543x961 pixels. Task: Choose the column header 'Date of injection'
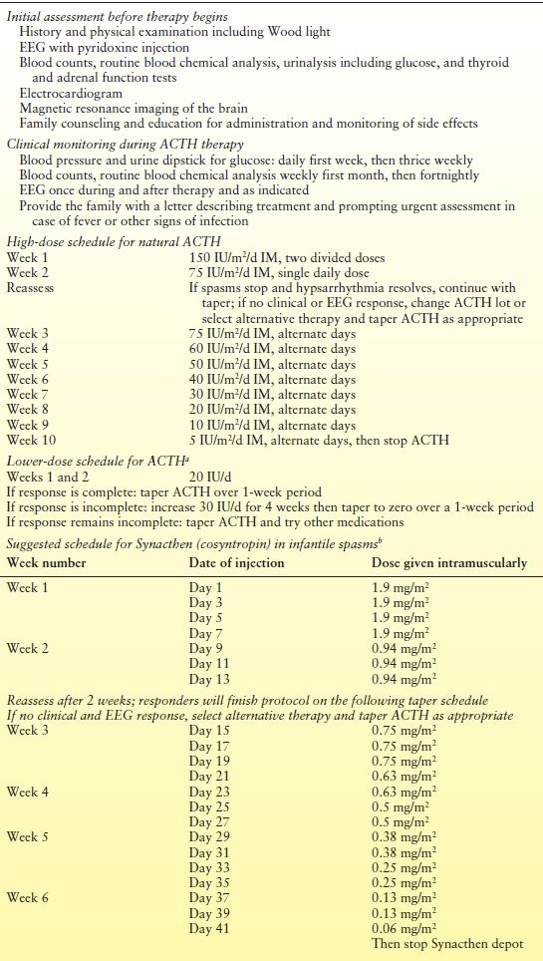[x=236, y=562]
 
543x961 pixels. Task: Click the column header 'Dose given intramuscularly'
[x=448, y=562]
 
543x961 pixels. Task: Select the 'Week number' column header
[x=47, y=562]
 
